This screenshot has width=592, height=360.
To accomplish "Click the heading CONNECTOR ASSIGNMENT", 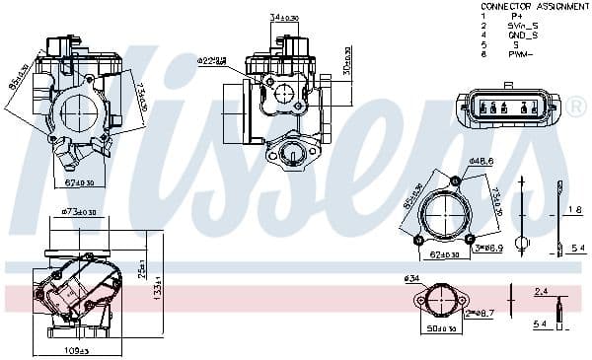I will pos(533,6).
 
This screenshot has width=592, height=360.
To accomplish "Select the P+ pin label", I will pos(516,16).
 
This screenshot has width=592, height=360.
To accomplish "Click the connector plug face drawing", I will pos(503,108).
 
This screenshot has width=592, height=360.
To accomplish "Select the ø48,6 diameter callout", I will pos(481,160).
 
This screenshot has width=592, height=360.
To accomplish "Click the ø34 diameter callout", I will pos(412,279).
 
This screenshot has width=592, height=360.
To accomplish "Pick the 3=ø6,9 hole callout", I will pos(487,249).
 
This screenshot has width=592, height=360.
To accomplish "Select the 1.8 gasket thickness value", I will pos(575,210).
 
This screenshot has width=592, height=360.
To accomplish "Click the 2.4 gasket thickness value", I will pos(540,292).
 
